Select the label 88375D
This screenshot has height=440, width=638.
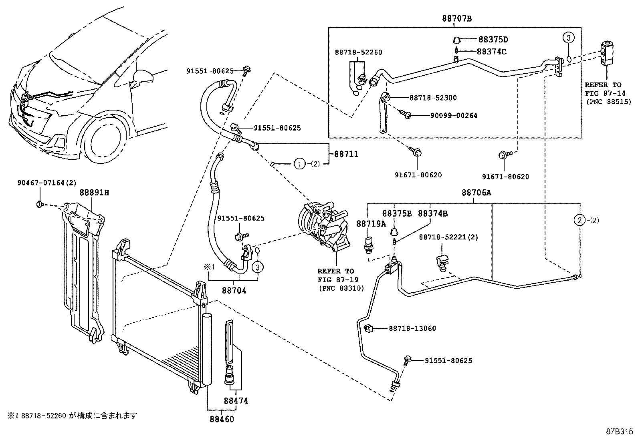[493, 40]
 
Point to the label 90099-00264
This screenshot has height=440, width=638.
[454, 116]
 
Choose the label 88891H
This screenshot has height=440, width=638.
[94, 193]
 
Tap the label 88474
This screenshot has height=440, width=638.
[236, 401]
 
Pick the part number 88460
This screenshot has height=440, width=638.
[221, 419]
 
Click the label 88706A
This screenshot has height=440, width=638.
[476, 193]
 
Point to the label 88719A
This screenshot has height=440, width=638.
[371, 223]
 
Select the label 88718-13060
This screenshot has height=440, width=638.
[412, 328]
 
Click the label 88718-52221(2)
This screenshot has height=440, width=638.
[448, 237]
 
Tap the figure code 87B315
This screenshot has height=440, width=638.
[619, 432]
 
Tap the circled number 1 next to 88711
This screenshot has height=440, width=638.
[299, 163]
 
